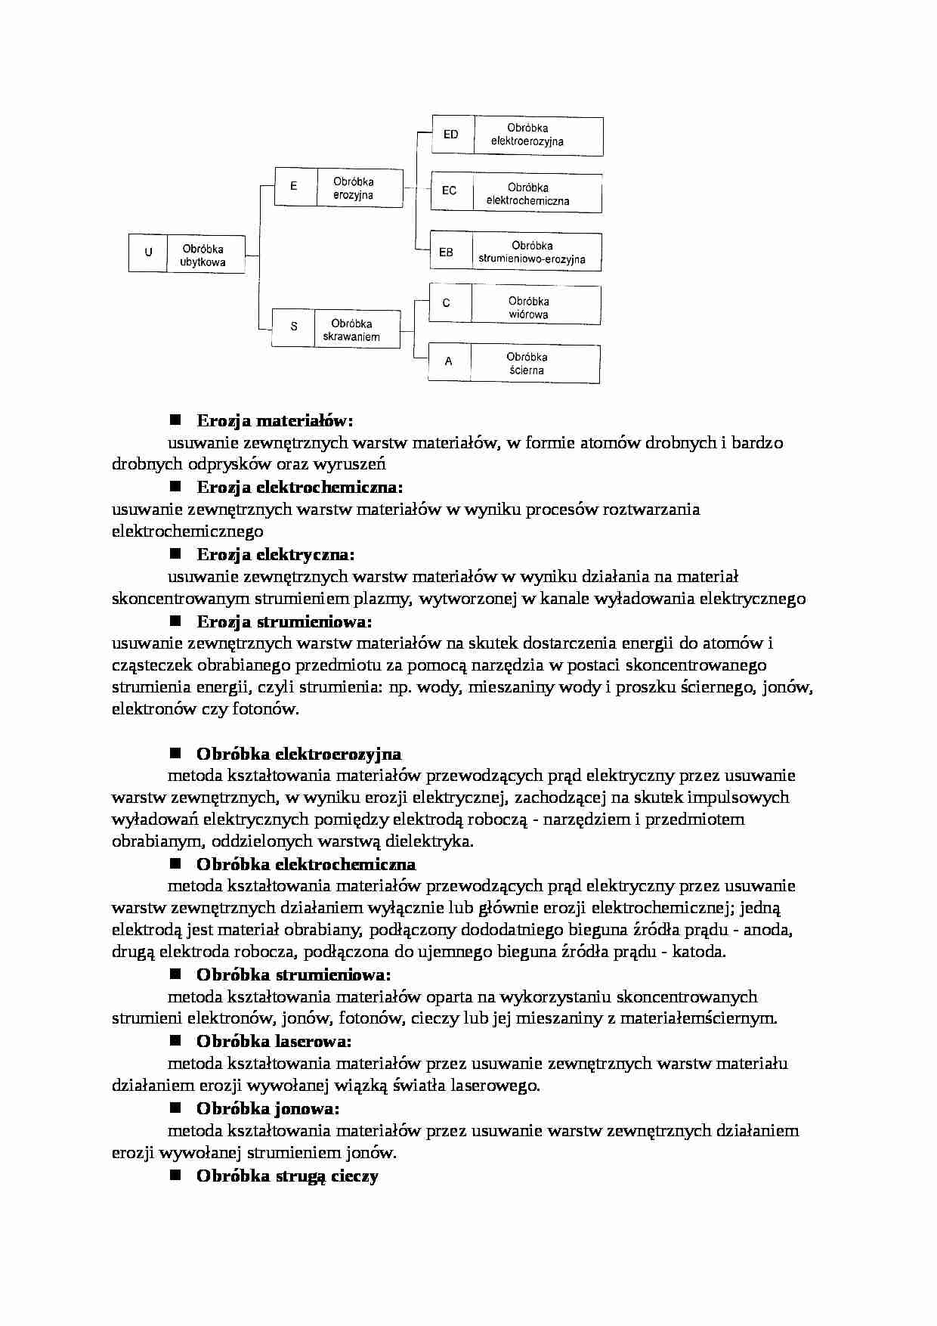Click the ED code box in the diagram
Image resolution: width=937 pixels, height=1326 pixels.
(x=451, y=135)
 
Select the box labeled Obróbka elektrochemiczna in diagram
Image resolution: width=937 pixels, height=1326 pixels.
(x=538, y=194)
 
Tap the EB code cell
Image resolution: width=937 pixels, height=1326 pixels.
(x=447, y=252)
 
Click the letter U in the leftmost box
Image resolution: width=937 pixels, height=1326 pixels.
(x=149, y=253)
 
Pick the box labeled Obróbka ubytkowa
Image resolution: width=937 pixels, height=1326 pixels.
(x=203, y=256)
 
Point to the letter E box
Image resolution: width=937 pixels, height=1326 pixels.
(x=294, y=186)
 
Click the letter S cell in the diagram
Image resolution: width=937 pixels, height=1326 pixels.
(x=293, y=327)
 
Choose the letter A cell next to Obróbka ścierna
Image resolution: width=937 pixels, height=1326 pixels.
(x=448, y=361)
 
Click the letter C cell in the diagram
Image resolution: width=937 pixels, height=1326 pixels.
(x=447, y=303)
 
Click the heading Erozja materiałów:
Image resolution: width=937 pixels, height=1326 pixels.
(x=275, y=420)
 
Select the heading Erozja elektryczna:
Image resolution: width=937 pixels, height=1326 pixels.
(x=275, y=555)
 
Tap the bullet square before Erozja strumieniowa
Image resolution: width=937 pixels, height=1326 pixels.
(x=176, y=621)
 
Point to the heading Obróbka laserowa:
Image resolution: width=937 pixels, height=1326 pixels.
(x=274, y=1042)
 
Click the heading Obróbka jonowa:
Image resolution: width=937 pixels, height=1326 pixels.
(x=267, y=1109)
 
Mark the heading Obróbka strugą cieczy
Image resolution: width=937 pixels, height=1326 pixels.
(x=287, y=1176)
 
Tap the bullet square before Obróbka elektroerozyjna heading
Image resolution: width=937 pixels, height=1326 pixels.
(x=176, y=753)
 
